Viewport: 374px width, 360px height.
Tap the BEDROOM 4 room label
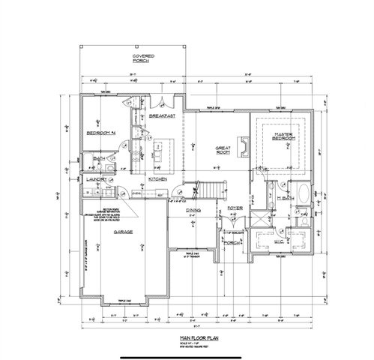[x=99, y=132]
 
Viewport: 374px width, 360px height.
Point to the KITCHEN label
[x=157, y=180]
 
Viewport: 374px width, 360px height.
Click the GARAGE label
[x=124, y=232]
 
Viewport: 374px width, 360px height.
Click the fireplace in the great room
[x=242, y=144]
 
